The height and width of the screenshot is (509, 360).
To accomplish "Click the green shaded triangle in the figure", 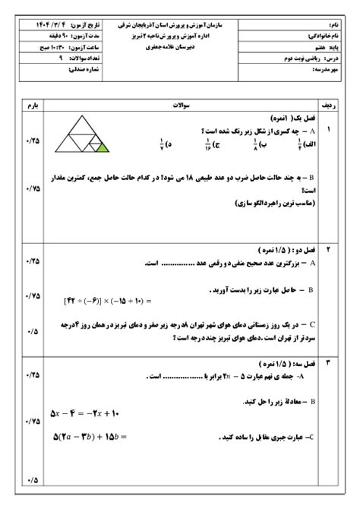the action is (103, 150).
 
